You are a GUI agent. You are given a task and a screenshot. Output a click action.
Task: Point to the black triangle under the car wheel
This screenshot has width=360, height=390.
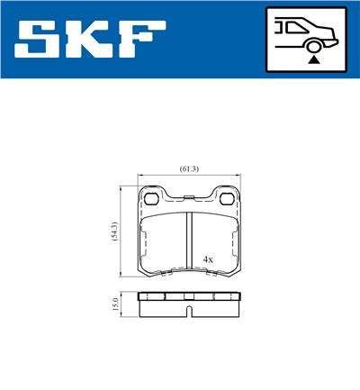click(313, 59)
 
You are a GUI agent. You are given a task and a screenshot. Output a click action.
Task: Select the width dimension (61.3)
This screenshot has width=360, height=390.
click(189, 168)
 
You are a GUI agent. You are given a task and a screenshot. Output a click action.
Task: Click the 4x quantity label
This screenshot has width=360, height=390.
click(208, 258)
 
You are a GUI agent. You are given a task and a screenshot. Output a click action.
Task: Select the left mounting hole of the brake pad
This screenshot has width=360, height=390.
click(152, 199)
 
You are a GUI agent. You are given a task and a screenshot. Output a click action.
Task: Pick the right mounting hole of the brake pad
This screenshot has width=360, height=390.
click(226, 199)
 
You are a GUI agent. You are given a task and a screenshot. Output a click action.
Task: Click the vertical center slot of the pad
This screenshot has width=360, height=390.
click(189, 239)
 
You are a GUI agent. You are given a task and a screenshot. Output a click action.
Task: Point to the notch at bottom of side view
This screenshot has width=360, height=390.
click(189, 312)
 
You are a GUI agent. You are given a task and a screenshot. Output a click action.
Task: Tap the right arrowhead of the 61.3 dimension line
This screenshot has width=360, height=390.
click(239, 176)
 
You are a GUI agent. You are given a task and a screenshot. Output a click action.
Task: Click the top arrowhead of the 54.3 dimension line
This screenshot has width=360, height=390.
click(123, 189)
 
